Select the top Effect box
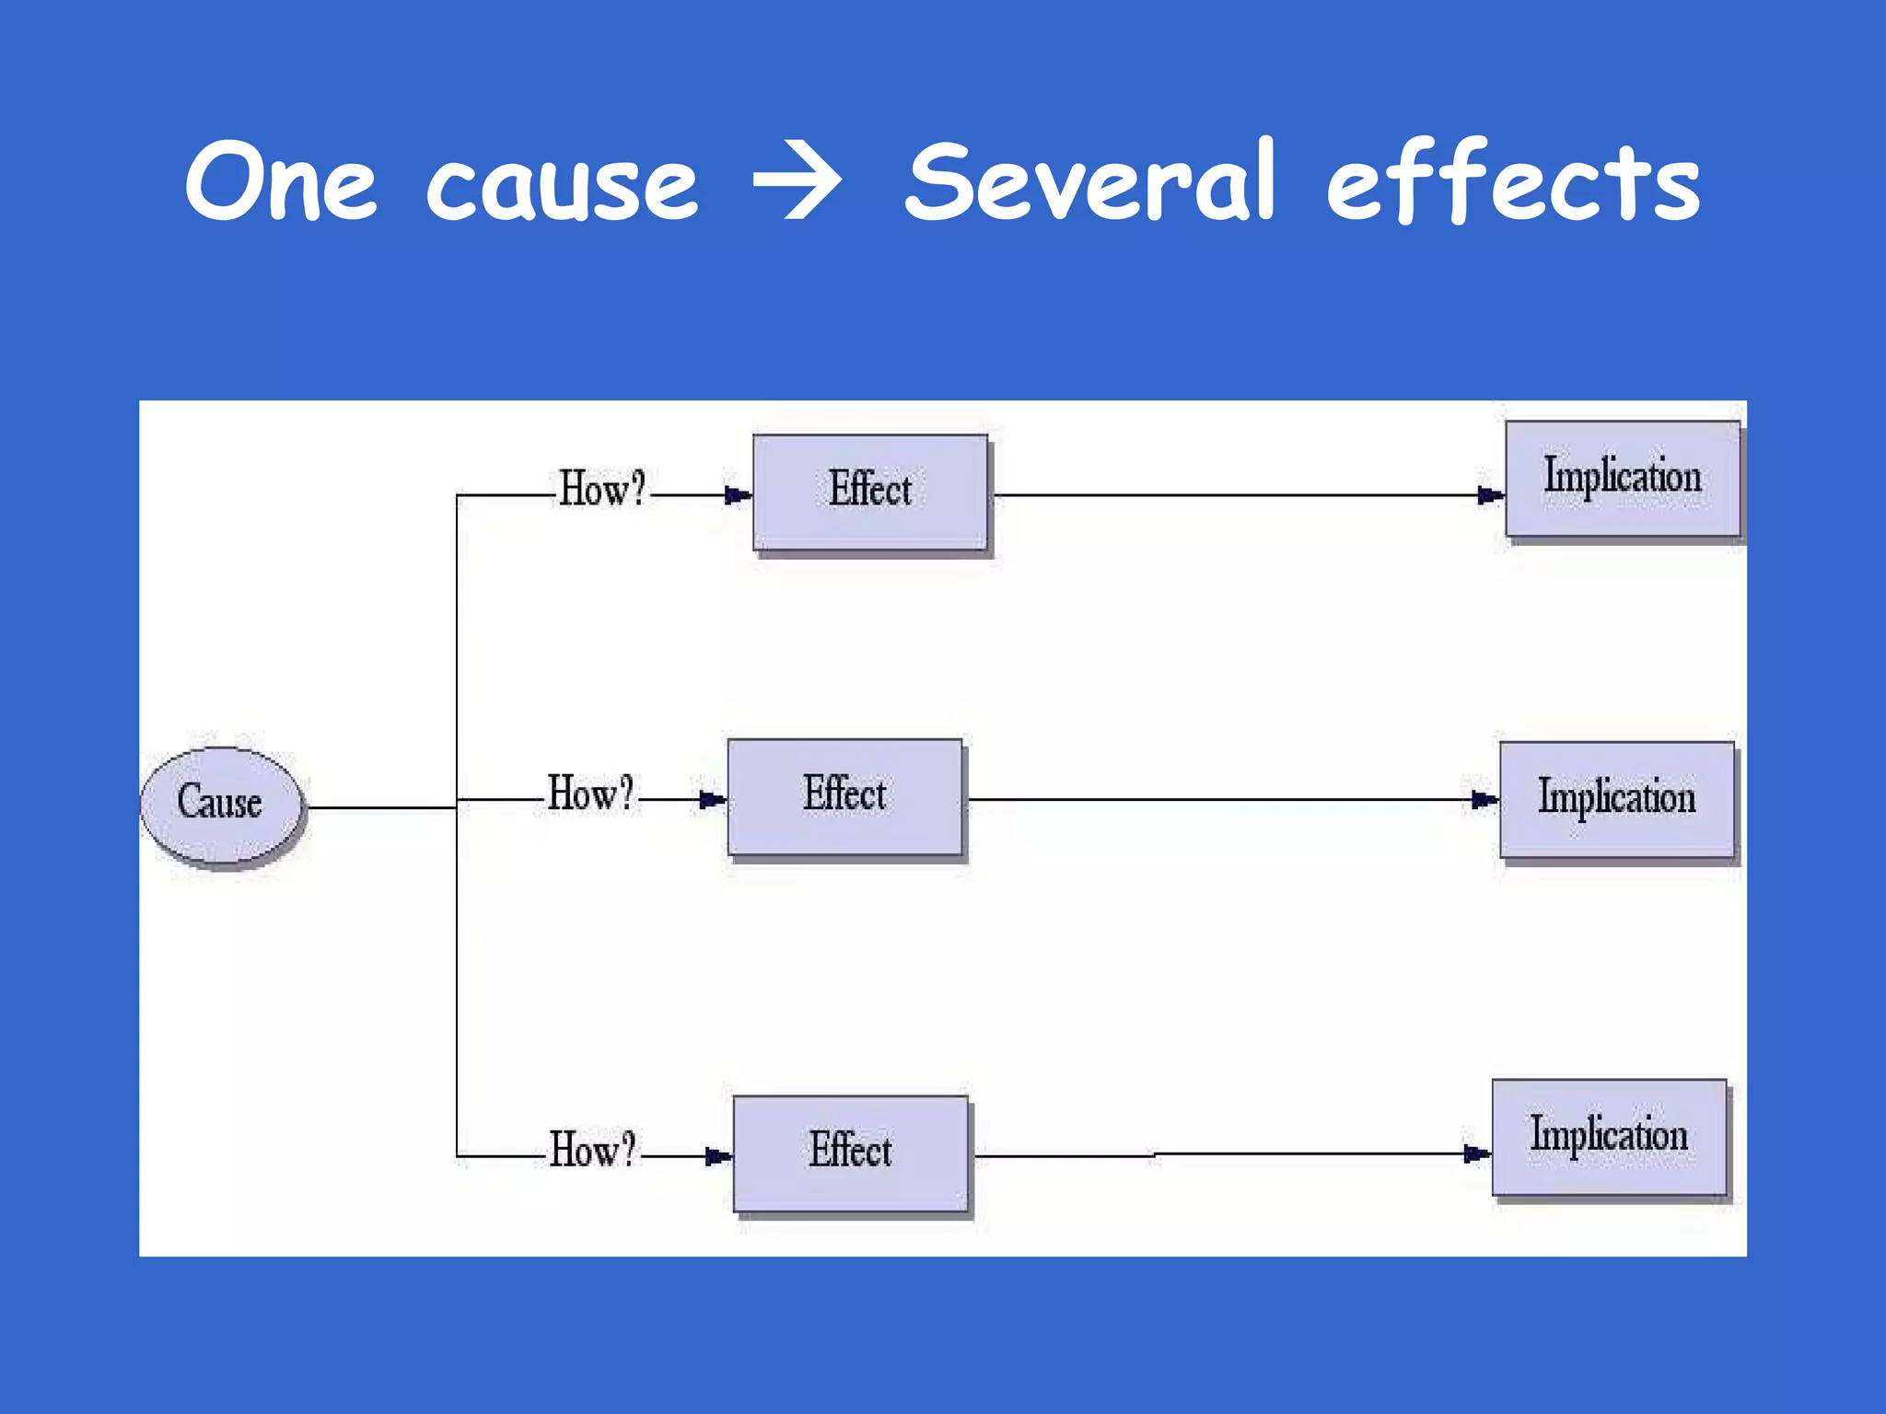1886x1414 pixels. tap(870, 492)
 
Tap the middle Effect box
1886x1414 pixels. tap(844, 796)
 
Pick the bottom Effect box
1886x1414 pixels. tap(850, 1153)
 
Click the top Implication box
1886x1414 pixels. tap(1623, 479)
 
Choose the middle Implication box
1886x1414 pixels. tap(1616, 799)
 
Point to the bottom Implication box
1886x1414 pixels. tap(1609, 1136)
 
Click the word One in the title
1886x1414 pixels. tap(281, 181)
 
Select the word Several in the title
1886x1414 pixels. tap(1092, 181)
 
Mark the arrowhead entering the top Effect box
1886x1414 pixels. tap(738, 495)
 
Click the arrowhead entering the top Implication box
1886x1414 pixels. tap(1490, 495)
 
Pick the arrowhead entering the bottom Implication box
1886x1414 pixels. tap(1476, 1153)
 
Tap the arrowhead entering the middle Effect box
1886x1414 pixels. tap(712, 800)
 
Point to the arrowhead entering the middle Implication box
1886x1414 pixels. tap(1484, 799)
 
